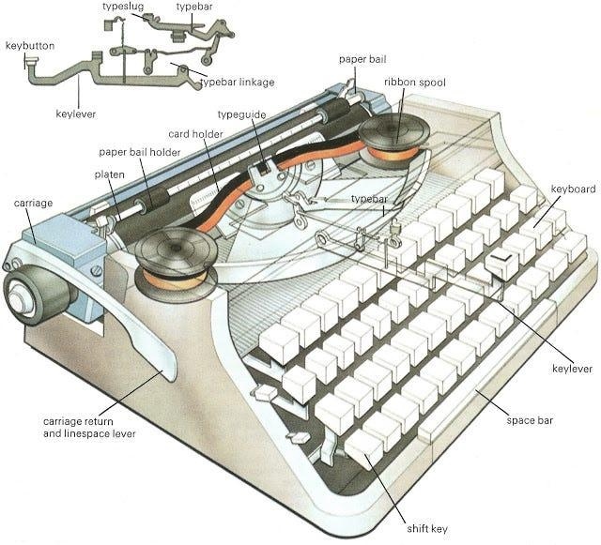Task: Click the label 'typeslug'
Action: point(123,7)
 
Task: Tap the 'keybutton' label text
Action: point(30,46)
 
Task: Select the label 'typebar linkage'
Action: point(238,82)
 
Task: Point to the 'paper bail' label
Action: point(362,59)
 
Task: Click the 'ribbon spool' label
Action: point(415,83)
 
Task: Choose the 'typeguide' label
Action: point(241,114)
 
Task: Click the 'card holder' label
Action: point(195,134)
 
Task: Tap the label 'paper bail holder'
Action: point(140,152)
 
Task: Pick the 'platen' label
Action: point(110,174)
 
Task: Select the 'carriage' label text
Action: point(33,203)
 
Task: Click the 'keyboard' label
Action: point(573,189)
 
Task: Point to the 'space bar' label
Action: point(530,420)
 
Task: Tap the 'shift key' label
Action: point(427,529)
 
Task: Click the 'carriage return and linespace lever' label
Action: point(89,428)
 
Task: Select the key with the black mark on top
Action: point(502,264)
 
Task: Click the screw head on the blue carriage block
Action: point(96,271)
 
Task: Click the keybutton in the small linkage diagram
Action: point(31,61)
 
